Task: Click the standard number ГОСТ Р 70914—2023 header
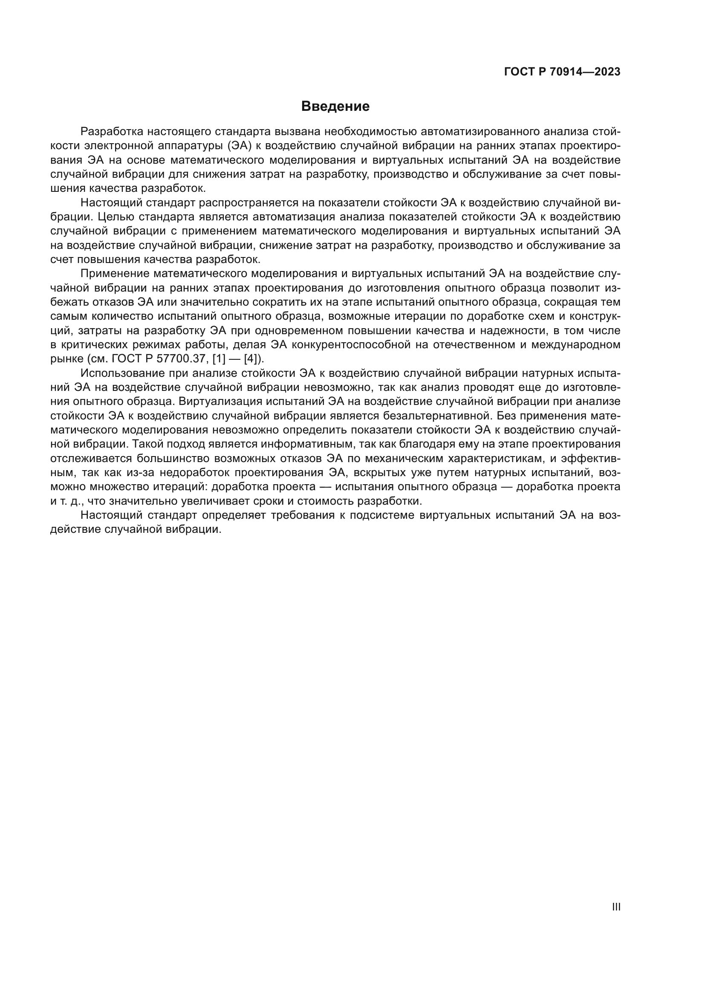click(x=562, y=72)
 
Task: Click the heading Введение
click(x=335, y=107)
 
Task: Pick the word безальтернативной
click(x=438, y=416)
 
